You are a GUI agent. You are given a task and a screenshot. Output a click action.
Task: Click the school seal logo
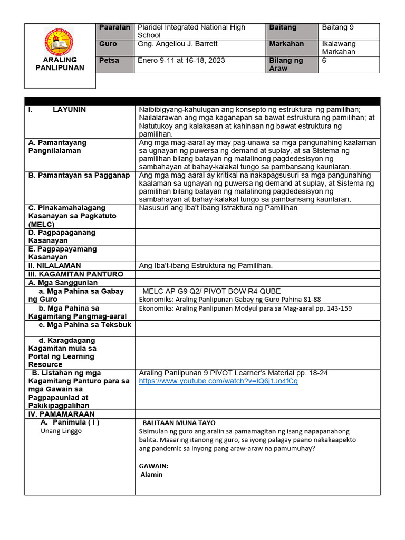coord(60,42)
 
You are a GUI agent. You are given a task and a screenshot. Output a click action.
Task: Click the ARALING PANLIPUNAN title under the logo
coord(60,64)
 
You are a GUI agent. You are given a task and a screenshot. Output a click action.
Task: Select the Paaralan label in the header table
coord(114,27)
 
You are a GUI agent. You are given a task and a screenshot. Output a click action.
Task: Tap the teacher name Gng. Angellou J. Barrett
coord(177,44)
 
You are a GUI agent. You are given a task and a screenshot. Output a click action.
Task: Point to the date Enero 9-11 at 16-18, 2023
coord(181,61)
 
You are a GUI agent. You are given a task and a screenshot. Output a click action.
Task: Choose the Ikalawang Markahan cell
coord(339,48)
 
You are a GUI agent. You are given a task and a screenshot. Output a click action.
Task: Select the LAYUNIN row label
coord(69,110)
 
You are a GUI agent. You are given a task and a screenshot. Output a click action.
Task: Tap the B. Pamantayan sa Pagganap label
coord(79,176)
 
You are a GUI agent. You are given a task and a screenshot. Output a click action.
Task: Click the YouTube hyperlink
coord(218,381)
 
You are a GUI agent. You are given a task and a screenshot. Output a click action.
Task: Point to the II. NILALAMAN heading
coord(55,266)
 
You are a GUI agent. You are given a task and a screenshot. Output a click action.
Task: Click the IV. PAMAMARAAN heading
coord(61,414)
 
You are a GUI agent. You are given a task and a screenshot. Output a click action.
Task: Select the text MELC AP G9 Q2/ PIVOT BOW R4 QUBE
coord(211,291)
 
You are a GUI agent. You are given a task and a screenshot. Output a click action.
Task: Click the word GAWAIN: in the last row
coord(153,466)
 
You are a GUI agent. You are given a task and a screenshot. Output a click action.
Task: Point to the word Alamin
coord(152,475)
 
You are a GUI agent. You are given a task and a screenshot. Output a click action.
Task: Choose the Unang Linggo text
coord(61,431)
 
